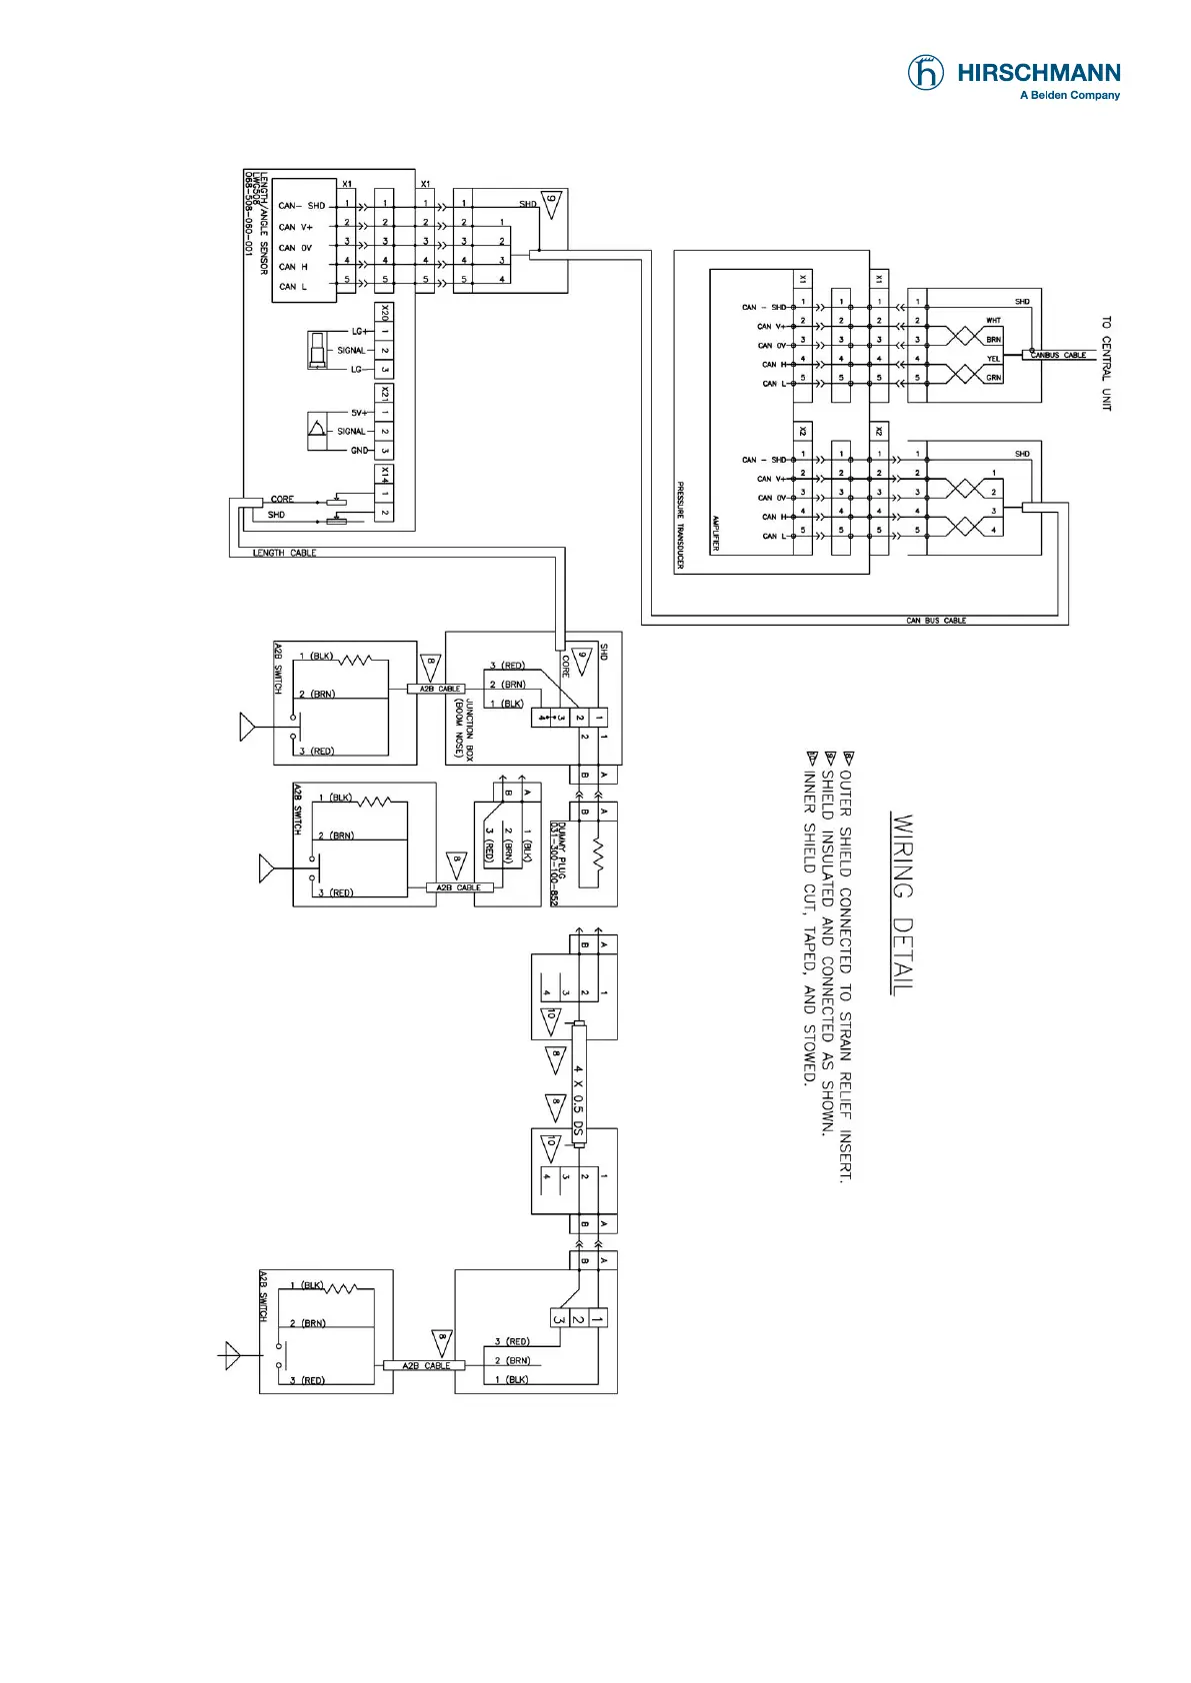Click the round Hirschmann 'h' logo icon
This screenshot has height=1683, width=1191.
pos(925,73)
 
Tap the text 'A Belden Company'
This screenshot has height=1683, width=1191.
pos(1069,96)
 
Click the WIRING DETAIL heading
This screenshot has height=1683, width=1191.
pos(902,904)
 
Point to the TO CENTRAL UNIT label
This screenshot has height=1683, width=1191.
pos(1106,364)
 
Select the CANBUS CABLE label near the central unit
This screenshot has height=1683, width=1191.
pos(1058,355)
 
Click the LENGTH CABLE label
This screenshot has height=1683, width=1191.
pos(284,553)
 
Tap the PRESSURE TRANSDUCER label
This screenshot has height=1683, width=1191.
pos(680,526)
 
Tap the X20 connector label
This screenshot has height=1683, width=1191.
pos(385,312)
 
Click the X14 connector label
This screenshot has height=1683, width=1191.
pos(385,474)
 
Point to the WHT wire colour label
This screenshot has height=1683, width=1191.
pos(993,321)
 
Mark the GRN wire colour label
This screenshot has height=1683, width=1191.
pos(993,378)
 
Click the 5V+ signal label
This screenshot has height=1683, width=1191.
pos(359,412)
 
